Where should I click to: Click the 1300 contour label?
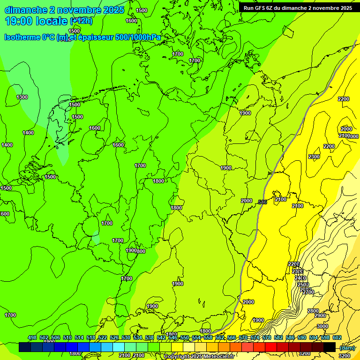(22, 97)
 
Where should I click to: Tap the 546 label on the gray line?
(262, 202)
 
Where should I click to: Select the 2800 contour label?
(313, 311)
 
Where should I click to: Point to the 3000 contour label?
(322, 326)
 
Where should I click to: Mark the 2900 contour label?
(320, 315)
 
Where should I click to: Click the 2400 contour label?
(300, 278)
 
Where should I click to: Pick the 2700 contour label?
(308, 292)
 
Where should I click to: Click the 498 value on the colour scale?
(32, 337)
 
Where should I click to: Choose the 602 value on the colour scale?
(337, 337)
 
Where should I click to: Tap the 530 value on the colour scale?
(126, 337)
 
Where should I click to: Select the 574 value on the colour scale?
(255, 337)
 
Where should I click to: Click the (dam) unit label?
(347, 347)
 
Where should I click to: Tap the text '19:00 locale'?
(37, 21)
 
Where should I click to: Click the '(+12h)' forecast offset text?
(81, 21)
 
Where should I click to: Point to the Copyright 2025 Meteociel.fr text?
(199, 357)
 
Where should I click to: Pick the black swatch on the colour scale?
(329, 347)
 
